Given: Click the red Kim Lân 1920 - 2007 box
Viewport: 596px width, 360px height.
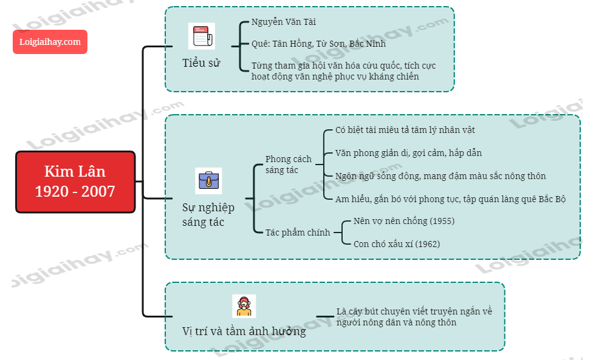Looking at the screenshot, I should [75, 182].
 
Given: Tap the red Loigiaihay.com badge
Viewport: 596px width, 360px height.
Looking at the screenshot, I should [50, 42].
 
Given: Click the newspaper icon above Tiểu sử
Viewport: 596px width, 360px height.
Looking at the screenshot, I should [201, 36].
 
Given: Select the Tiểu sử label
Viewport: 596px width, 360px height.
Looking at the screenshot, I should [201, 63].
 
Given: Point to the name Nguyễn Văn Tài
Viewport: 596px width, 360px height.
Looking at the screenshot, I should [284, 22].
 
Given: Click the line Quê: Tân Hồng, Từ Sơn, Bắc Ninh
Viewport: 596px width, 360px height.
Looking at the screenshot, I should [318, 44].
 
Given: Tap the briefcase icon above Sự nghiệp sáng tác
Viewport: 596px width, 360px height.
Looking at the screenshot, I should [208, 180].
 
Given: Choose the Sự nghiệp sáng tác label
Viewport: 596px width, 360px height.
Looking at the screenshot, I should [208, 215].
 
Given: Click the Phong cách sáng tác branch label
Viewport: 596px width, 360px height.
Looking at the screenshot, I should [288, 165].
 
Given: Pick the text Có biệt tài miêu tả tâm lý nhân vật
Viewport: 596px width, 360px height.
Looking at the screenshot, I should [405, 131].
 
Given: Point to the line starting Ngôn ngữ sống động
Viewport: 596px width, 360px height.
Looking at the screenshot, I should [440, 176].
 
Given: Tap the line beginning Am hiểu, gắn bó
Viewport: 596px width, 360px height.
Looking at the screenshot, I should [451, 199].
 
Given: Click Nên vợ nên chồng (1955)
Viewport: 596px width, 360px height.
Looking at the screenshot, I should [403, 221].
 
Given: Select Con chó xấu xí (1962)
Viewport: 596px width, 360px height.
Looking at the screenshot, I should [397, 244].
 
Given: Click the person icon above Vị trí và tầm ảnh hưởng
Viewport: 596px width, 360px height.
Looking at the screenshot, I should [244, 306].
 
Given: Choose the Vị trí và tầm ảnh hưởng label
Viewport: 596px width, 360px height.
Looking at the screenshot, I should [244, 331].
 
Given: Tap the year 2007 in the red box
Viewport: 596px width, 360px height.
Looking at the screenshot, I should [98, 191].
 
